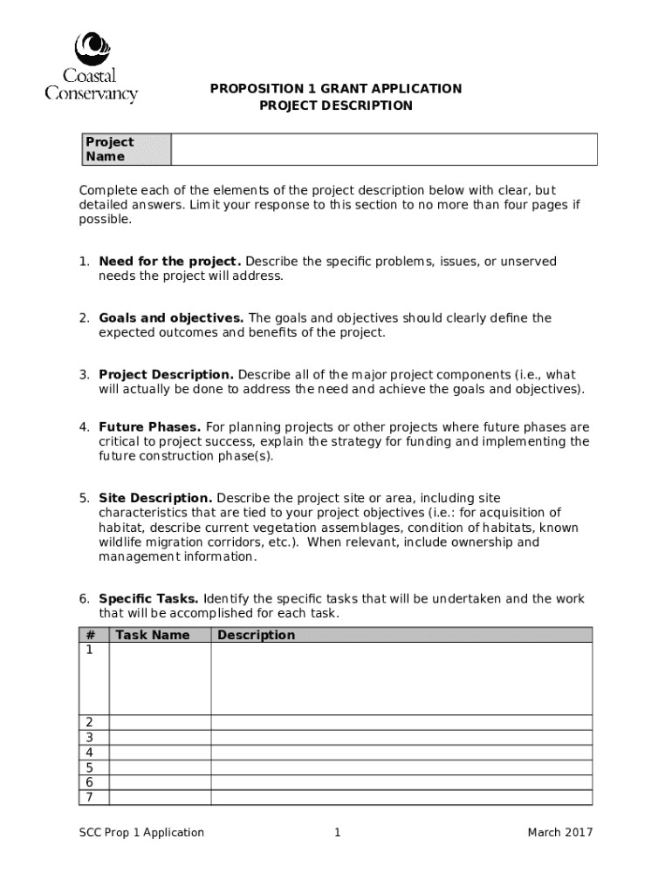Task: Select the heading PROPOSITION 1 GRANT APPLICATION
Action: (x=336, y=89)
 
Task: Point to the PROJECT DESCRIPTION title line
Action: (x=336, y=106)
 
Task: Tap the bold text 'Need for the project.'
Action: (x=169, y=262)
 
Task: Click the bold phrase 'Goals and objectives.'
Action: (x=171, y=318)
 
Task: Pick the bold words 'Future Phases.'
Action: (x=149, y=427)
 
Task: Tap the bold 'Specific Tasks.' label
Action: (x=149, y=599)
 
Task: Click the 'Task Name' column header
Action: (x=152, y=635)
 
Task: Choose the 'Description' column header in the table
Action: (x=256, y=635)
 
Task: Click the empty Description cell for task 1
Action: (x=401, y=678)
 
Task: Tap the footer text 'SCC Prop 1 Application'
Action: (x=141, y=833)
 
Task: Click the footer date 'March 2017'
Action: (x=559, y=833)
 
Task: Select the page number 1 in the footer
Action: (x=337, y=833)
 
